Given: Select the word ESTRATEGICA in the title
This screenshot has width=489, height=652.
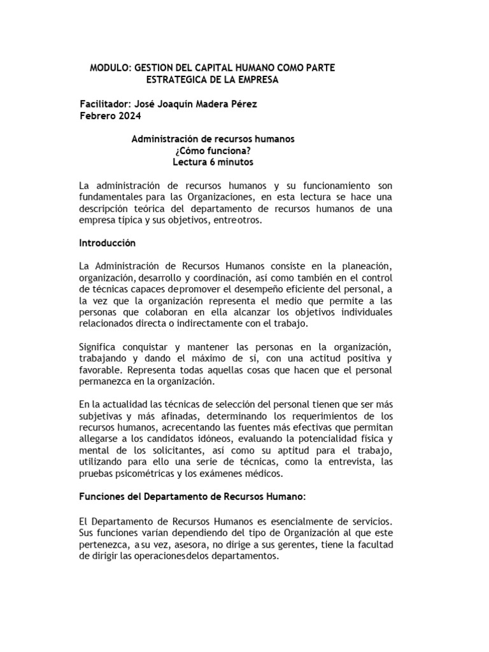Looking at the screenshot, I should point(177,80).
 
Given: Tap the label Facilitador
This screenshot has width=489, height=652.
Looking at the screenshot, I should point(104,104).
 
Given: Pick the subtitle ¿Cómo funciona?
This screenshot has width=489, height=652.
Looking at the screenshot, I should point(213,150).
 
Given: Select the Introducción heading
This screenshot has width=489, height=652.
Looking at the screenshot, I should point(108,243).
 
